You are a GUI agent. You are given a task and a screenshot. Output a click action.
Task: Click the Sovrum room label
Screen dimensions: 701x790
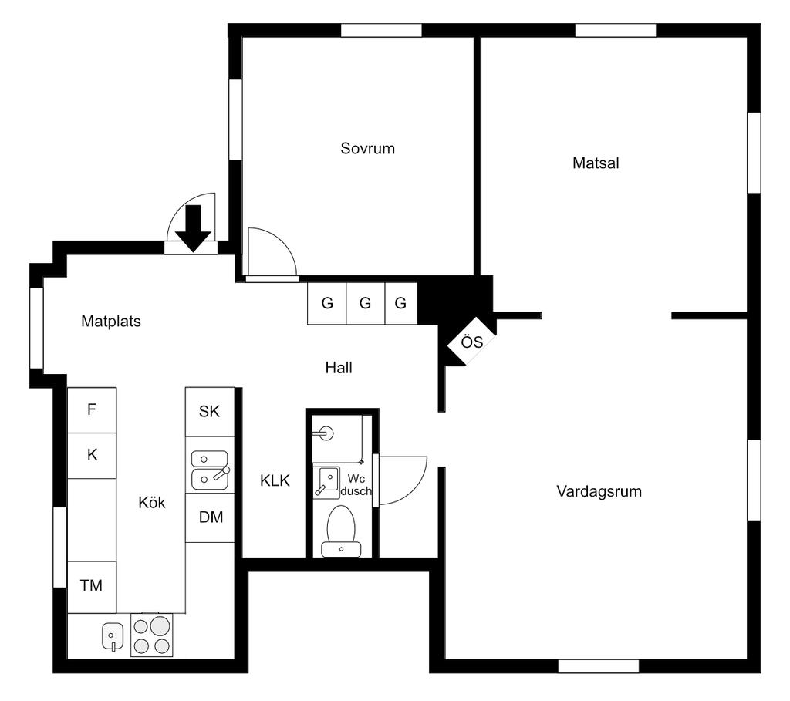[x=367, y=148]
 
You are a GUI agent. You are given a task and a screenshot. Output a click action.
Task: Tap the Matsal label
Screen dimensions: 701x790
[x=596, y=163]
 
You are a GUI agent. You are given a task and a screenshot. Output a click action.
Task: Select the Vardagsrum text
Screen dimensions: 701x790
[x=599, y=491]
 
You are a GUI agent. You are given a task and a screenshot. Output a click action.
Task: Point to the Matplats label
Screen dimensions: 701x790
[x=111, y=322]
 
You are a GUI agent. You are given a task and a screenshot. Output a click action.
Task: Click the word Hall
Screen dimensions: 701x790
[x=339, y=368]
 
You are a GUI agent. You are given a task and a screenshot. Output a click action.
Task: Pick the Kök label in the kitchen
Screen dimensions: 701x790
[x=152, y=502]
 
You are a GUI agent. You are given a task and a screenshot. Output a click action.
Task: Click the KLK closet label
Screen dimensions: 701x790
[x=275, y=480]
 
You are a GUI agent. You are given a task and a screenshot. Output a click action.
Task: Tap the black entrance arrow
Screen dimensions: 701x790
[x=193, y=228]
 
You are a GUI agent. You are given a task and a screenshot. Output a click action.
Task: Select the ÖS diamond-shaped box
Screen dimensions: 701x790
[x=471, y=341]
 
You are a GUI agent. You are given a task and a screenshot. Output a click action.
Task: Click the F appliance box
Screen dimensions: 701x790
[x=92, y=410]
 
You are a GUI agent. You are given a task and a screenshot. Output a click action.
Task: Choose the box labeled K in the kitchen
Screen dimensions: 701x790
[x=92, y=455]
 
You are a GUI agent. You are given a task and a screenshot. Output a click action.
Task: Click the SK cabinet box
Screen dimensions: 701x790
[x=210, y=412]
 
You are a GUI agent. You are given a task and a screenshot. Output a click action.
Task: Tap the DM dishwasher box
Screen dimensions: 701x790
[x=211, y=517]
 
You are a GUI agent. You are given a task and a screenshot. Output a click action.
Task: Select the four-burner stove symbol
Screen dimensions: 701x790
[x=150, y=635]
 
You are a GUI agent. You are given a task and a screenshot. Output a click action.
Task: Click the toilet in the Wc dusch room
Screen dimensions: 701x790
[x=340, y=531]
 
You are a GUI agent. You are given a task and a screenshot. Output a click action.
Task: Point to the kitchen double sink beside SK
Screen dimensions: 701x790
[x=210, y=470]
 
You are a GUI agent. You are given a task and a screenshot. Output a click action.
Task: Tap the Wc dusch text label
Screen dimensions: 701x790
[x=356, y=484]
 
